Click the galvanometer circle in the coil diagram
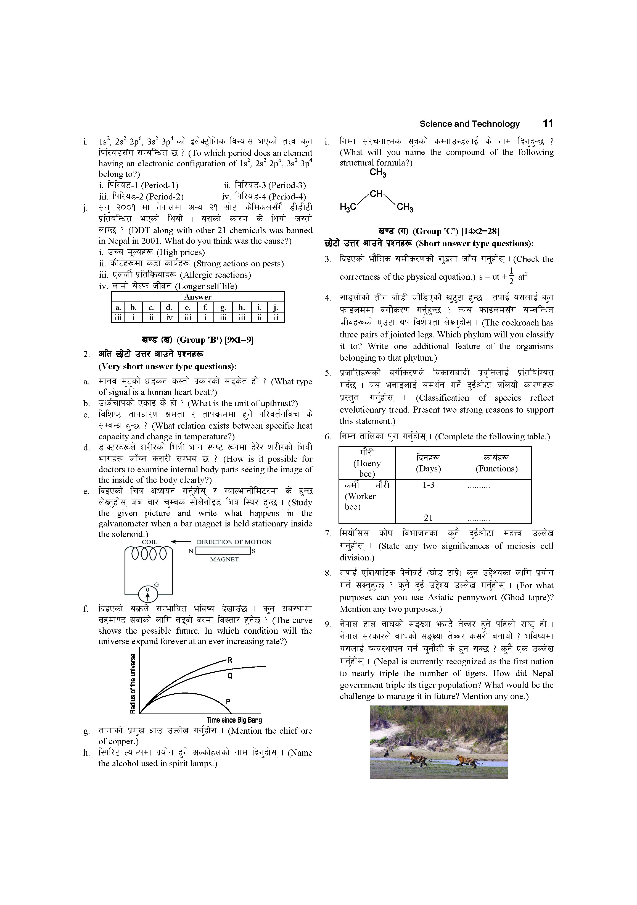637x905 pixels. (x=148, y=592)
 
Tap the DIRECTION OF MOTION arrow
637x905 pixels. (x=181, y=542)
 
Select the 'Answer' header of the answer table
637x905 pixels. (x=197, y=297)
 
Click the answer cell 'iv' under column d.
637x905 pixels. (x=169, y=317)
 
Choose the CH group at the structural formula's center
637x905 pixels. (x=376, y=193)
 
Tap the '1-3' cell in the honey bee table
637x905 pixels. (x=428, y=485)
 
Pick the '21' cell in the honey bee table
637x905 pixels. (x=428, y=518)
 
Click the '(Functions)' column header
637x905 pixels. (x=496, y=469)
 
